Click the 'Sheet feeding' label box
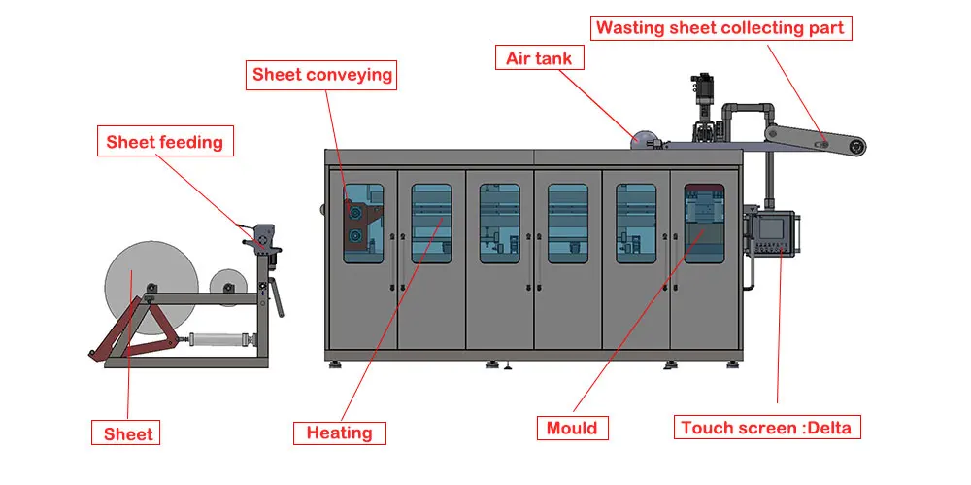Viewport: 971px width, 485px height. tap(164, 143)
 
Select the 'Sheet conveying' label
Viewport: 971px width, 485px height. tap(322, 75)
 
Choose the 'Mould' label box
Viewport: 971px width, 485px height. tap(572, 428)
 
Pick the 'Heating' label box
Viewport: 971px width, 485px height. tap(339, 433)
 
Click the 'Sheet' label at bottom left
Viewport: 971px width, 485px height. tap(128, 433)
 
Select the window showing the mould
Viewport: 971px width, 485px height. tap(704, 223)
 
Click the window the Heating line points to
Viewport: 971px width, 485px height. tap(431, 223)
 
